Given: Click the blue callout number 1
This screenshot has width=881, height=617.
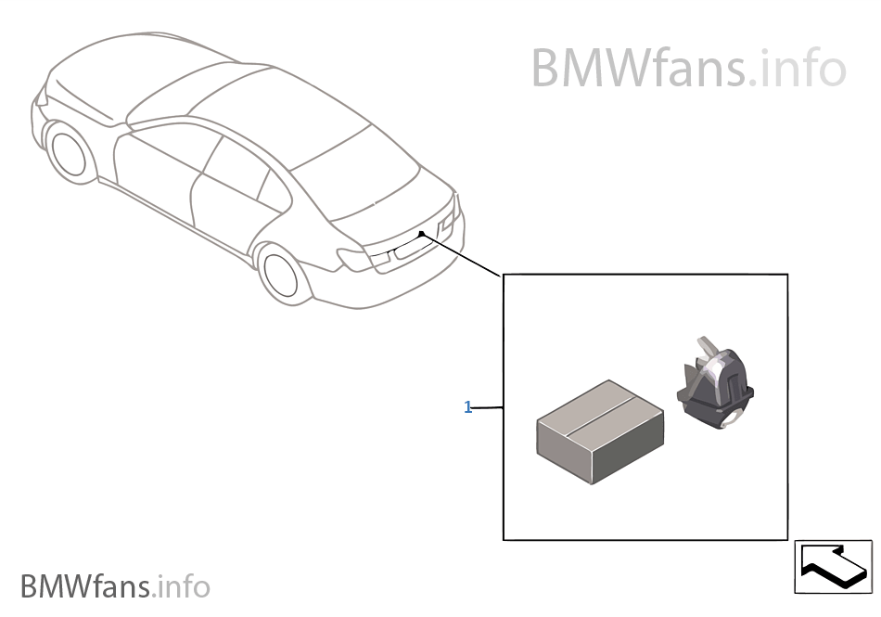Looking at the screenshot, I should point(468,407).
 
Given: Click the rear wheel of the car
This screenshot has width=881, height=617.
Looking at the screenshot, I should point(281,273).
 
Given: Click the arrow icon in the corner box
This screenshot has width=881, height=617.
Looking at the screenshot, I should point(833,565).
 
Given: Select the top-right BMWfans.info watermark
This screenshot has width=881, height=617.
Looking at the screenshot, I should point(688,68).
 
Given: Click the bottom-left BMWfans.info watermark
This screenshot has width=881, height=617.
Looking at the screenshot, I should point(115,586).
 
